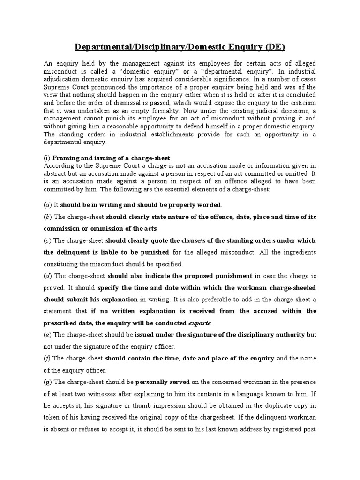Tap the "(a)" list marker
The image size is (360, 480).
tap(47, 205)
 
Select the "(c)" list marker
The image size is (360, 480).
tap(47, 240)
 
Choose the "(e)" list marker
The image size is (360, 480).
tap(47, 335)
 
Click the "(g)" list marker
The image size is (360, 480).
tap(48, 382)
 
